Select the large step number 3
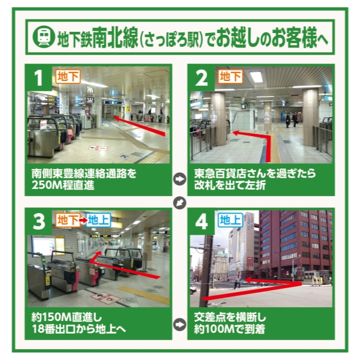click(x=39, y=222)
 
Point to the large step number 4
click(x=202, y=222)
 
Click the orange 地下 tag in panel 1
click(x=67, y=76)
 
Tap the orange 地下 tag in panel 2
click(x=230, y=76)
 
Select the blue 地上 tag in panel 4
click(x=230, y=220)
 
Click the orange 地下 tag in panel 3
click(x=67, y=220)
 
